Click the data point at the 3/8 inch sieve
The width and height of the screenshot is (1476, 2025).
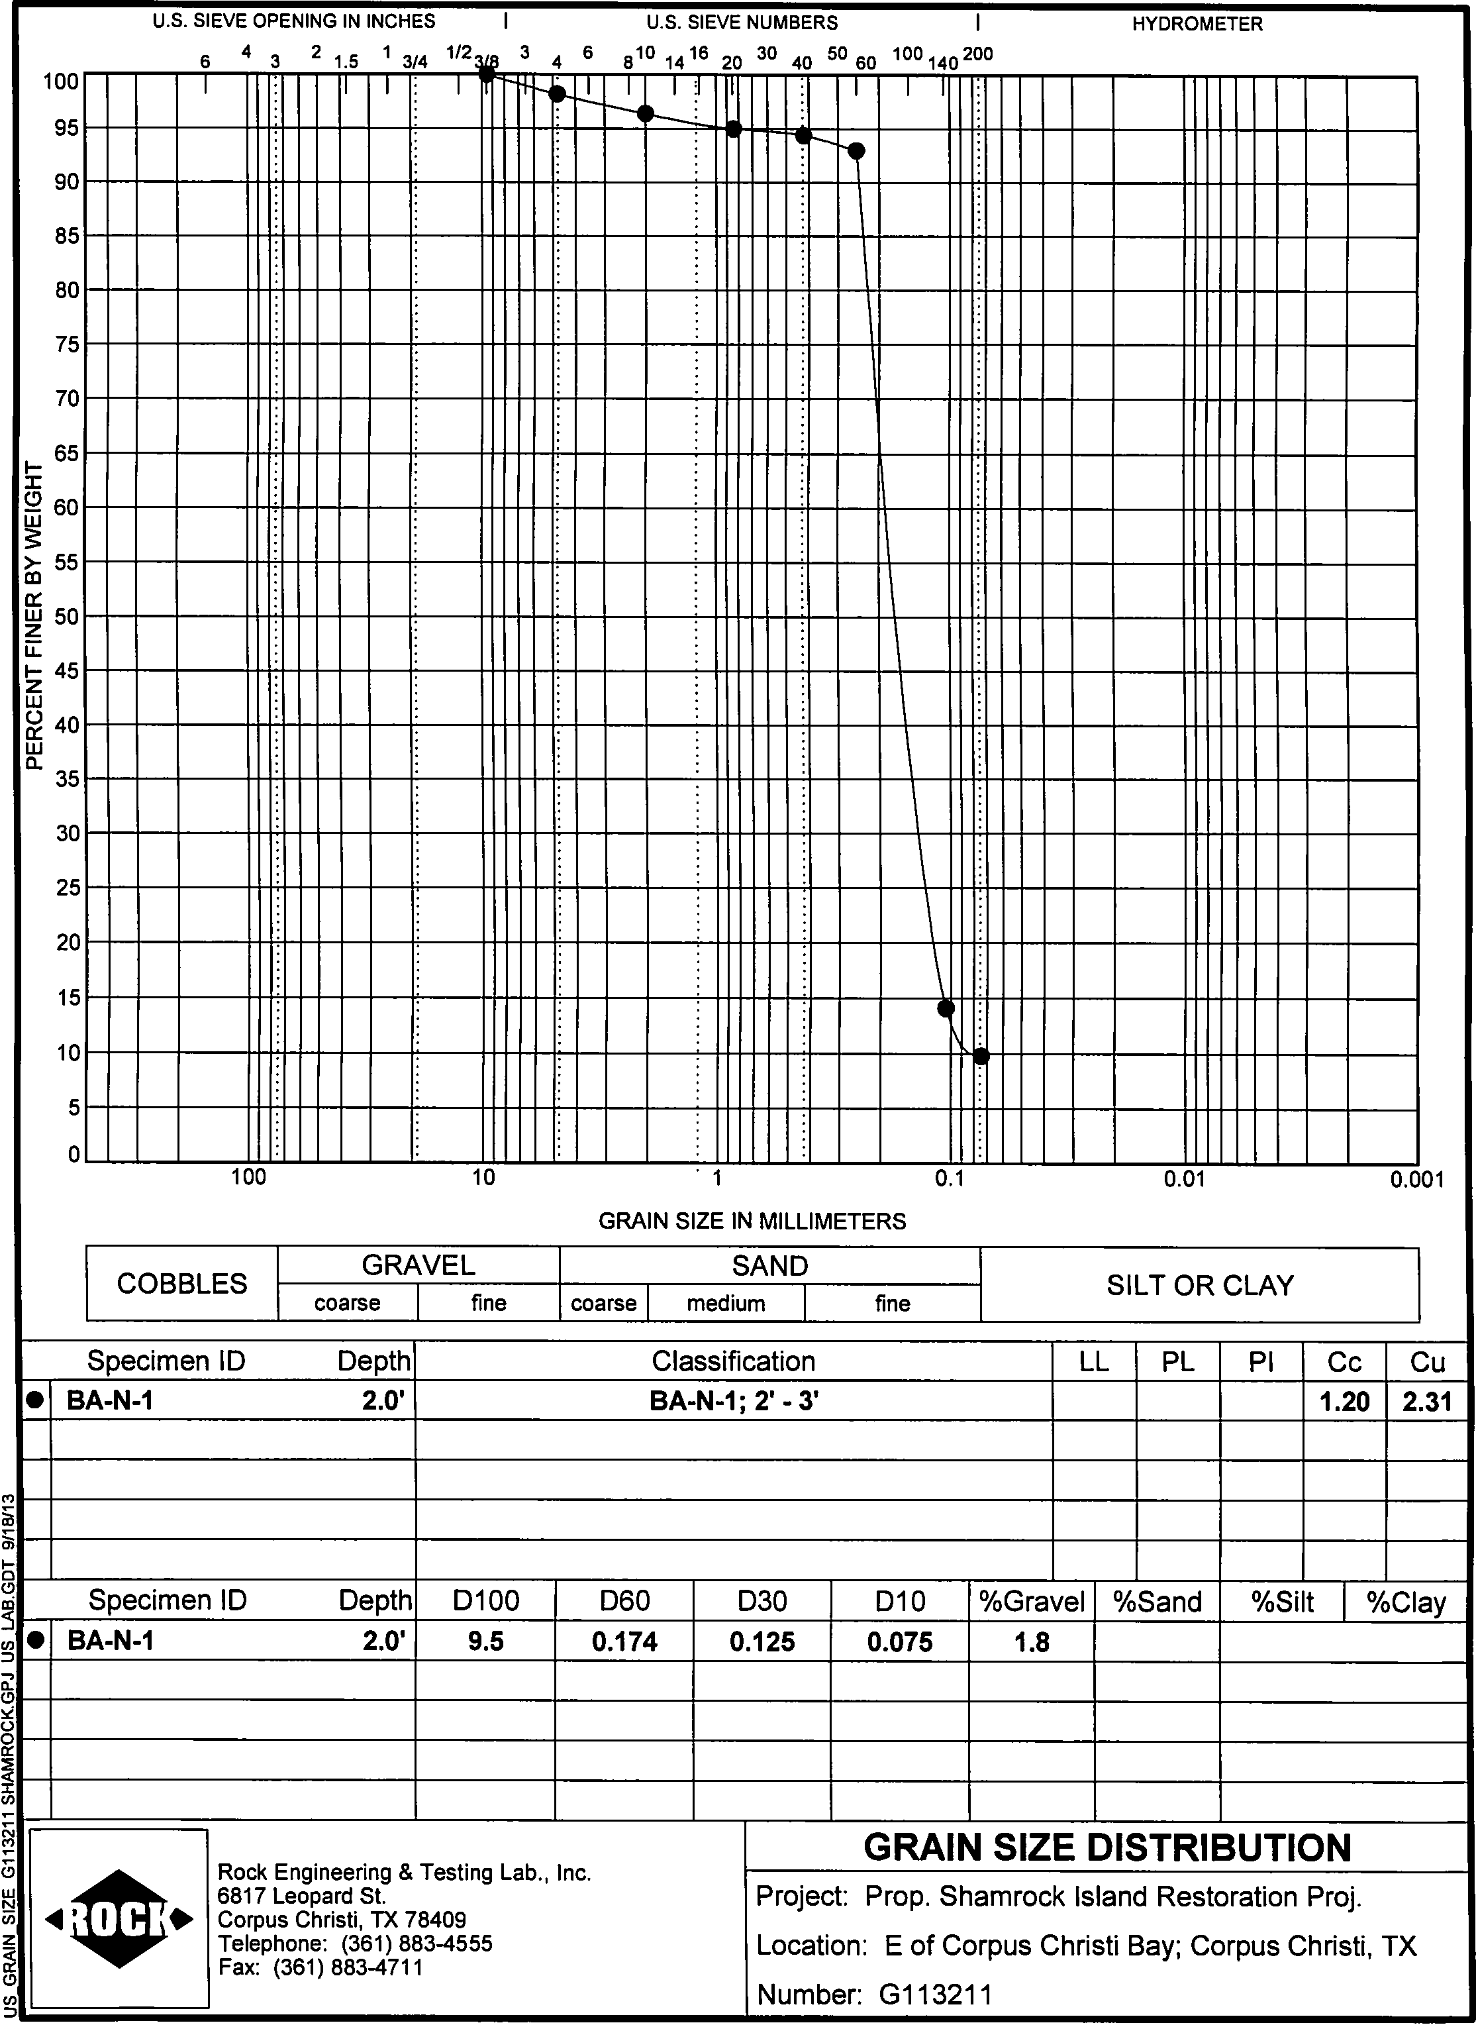[x=487, y=74]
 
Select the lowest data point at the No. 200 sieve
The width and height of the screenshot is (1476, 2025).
[x=981, y=1057]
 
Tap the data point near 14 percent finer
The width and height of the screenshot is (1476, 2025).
[x=946, y=1009]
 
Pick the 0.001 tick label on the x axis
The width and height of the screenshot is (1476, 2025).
[x=1416, y=1180]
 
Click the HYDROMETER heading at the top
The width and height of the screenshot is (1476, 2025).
[x=1197, y=24]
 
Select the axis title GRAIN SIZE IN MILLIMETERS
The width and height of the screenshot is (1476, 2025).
[x=752, y=1221]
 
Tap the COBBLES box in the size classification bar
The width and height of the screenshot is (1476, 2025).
[x=181, y=1284]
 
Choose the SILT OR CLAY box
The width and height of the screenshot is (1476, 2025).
[x=1199, y=1285]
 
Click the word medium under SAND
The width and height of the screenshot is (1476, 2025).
[x=726, y=1304]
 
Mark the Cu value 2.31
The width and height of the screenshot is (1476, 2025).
[x=1427, y=1401]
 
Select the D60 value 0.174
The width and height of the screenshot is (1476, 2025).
[x=624, y=1641]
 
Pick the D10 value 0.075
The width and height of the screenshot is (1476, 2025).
[x=900, y=1641]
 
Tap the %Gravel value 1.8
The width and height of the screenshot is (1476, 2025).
[x=1031, y=1641]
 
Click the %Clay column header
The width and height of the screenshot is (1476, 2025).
[x=1406, y=1602]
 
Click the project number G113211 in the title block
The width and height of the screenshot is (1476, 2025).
[x=936, y=1995]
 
